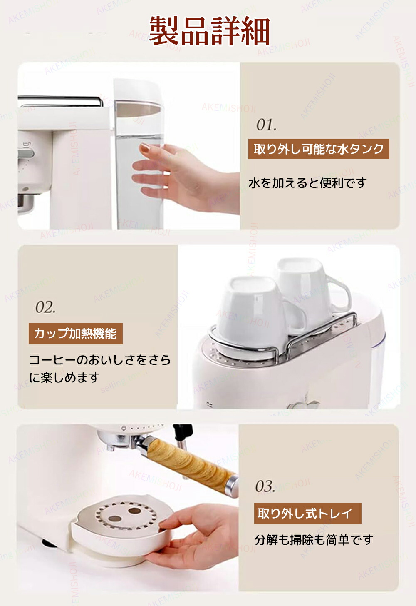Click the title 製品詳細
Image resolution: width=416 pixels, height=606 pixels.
pyautogui.click(x=210, y=31)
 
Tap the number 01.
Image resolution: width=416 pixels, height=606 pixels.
pyautogui.click(x=266, y=125)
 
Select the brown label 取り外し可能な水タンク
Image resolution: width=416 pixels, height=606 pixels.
pyautogui.click(x=319, y=149)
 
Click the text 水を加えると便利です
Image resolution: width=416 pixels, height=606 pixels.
pyautogui.click(x=307, y=183)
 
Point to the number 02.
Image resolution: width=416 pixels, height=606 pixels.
pyautogui.click(x=45, y=307)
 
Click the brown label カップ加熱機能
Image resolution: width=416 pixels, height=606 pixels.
pyautogui.click(x=75, y=334)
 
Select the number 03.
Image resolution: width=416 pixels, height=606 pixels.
pyautogui.click(x=265, y=486)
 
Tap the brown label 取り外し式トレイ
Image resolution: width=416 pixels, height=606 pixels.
pyautogui.click(x=307, y=514)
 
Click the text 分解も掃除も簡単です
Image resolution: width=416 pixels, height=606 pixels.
pyautogui.click(x=314, y=540)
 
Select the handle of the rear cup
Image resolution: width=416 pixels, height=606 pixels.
pyautogui.click(x=339, y=296)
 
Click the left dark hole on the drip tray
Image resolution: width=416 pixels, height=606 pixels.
pyautogui.click(x=114, y=519)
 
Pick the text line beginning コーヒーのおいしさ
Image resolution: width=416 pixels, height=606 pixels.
pyautogui.click(x=100, y=360)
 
